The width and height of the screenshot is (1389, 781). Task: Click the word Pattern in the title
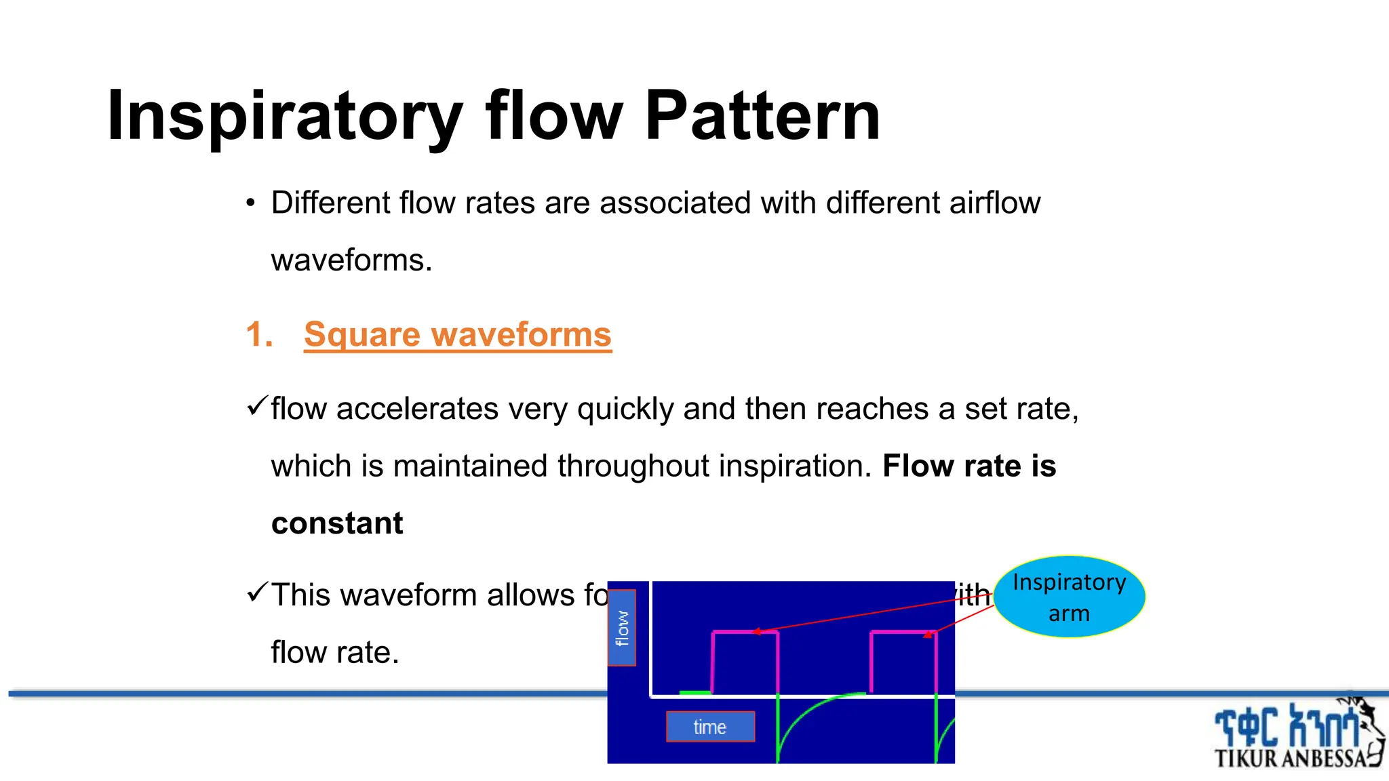click(x=762, y=117)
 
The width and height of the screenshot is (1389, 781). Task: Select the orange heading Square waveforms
click(x=458, y=334)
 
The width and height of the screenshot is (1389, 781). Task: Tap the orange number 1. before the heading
click(x=259, y=334)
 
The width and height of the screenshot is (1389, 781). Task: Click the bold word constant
click(x=337, y=523)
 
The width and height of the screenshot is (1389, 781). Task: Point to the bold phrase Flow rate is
click(x=969, y=466)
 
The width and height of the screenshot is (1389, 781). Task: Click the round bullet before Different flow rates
click(x=251, y=203)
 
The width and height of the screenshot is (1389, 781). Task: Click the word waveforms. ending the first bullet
click(x=351, y=260)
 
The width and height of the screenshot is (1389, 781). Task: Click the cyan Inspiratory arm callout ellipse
click(x=1069, y=597)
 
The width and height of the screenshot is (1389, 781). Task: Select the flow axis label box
click(x=622, y=628)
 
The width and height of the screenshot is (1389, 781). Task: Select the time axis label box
click(x=710, y=727)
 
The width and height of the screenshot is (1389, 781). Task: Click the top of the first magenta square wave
click(x=745, y=633)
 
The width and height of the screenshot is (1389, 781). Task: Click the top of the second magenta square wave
click(x=903, y=633)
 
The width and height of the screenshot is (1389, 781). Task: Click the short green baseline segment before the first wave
click(x=694, y=693)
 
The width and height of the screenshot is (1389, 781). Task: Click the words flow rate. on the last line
click(x=335, y=652)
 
